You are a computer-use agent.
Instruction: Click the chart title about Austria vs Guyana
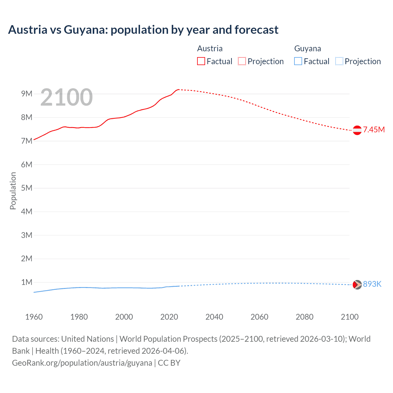pyautogui.click(x=143, y=30)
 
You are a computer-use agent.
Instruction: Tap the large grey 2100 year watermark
pyautogui.click(x=66, y=97)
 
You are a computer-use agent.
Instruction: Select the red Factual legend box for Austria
pyautogui.click(x=201, y=61)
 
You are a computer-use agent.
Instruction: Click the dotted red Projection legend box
pyautogui.click(x=242, y=61)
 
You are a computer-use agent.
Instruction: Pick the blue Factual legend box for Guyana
pyautogui.click(x=298, y=61)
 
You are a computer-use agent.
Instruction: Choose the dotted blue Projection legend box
pyautogui.click(x=339, y=61)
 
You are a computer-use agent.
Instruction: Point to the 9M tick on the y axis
pyautogui.click(x=27, y=94)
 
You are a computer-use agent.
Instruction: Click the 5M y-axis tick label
pyautogui.click(x=27, y=188)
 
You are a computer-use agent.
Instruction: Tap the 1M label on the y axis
pyautogui.click(x=27, y=282)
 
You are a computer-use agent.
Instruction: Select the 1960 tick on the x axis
pyautogui.click(x=34, y=317)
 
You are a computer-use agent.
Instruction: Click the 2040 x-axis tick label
pyautogui.click(x=214, y=317)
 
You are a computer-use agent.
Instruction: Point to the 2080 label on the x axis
pyautogui.click(x=305, y=317)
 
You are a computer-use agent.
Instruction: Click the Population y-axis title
pyautogui.click(x=13, y=191)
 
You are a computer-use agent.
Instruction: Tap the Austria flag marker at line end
pyautogui.click(x=357, y=130)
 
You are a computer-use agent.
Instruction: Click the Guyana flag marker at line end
pyautogui.click(x=357, y=285)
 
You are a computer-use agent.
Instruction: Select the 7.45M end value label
pyautogui.click(x=374, y=130)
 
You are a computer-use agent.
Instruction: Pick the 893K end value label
pyautogui.click(x=372, y=284)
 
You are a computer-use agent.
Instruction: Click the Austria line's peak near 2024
pyautogui.click(x=178, y=89)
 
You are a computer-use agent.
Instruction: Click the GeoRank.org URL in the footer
pyautogui.click(x=82, y=363)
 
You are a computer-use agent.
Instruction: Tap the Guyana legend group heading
pyautogui.click(x=308, y=49)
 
